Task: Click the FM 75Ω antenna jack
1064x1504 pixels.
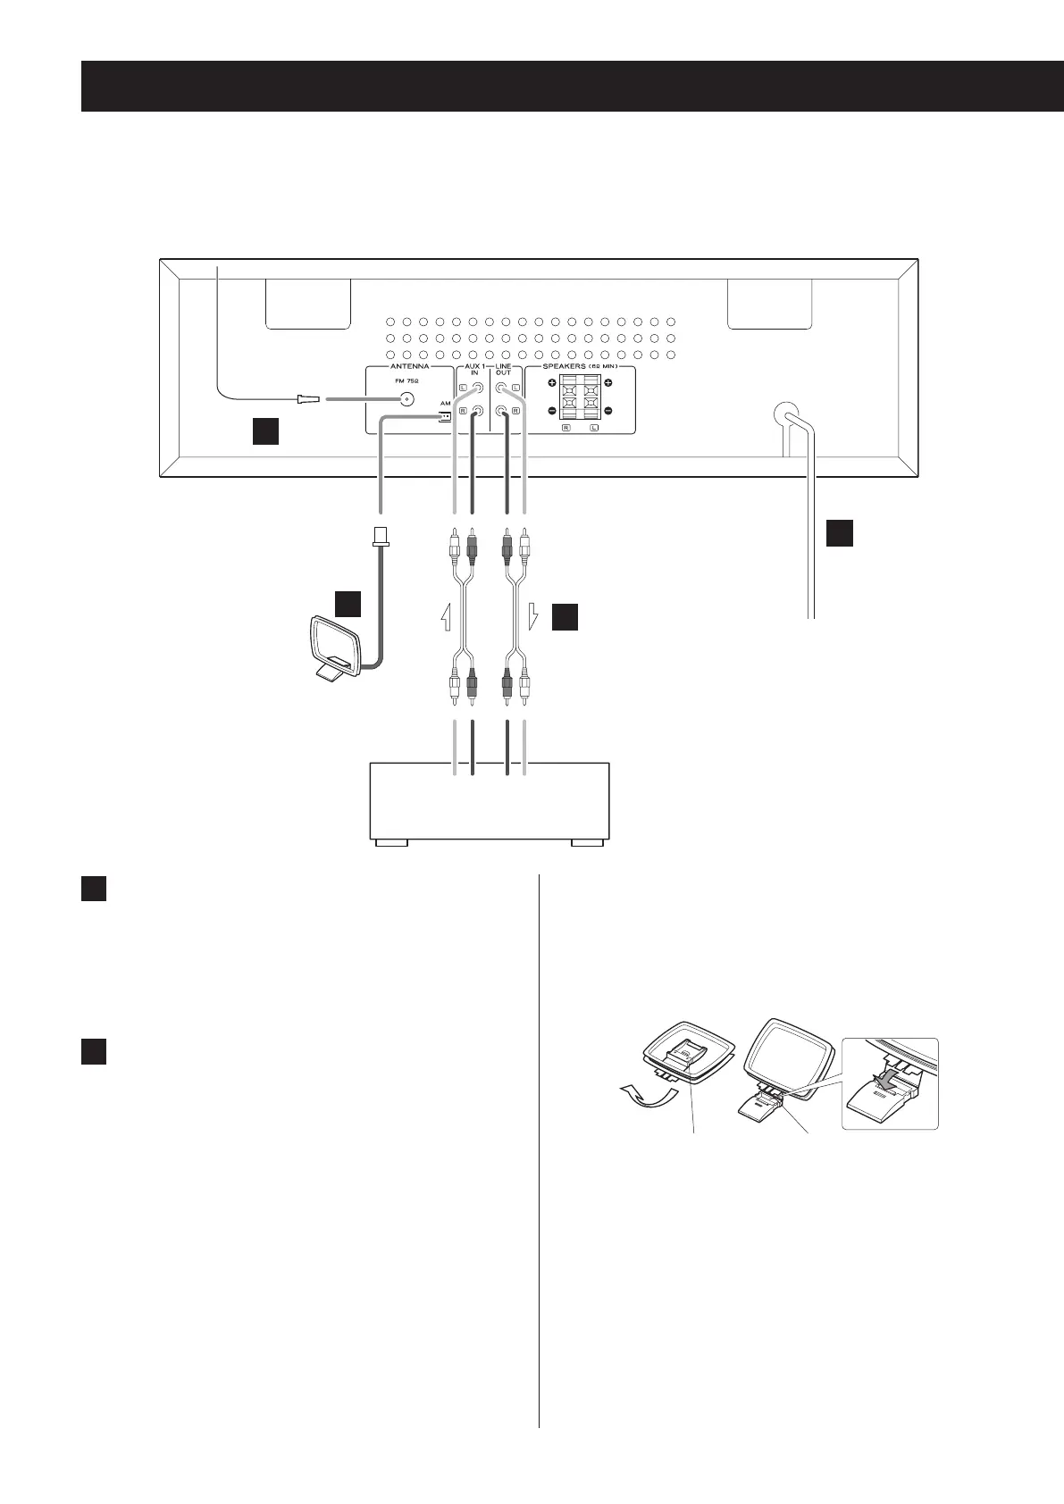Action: [x=407, y=400]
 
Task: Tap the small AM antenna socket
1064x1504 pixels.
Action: [x=445, y=416]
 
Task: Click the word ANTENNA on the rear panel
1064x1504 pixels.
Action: [x=409, y=366]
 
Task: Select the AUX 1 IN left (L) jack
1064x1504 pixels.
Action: [x=478, y=389]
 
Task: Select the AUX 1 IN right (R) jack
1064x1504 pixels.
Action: [x=478, y=412]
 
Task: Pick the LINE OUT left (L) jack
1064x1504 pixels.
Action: [x=502, y=389]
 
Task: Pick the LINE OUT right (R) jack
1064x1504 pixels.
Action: [x=502, y=412]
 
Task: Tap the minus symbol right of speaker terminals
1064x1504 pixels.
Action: [x=608, y=411]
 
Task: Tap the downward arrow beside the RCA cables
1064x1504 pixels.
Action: [x=532, y=617]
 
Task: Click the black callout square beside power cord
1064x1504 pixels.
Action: [x=838, y=533]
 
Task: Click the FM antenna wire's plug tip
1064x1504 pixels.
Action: [x=308, y=400]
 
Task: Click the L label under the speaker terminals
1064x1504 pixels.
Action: [x=594, y=430]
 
